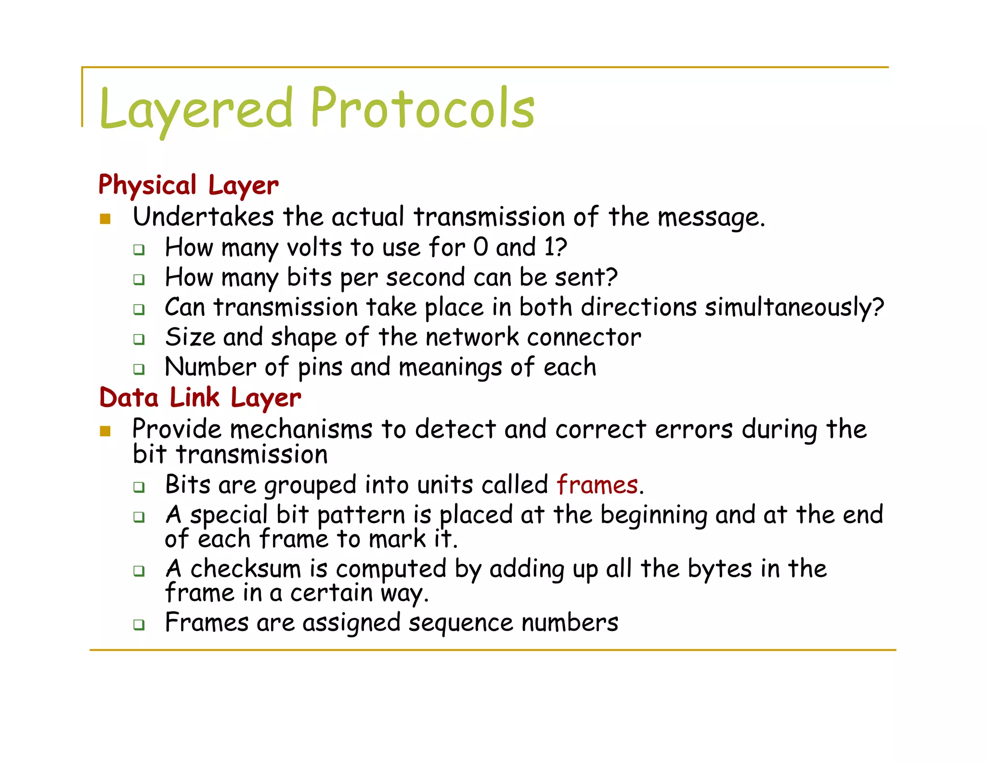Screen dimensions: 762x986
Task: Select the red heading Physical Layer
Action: [x=188, y=185]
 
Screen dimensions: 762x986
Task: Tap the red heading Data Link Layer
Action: [x=200, y=398]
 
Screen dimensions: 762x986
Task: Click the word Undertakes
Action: [x=203, y=217]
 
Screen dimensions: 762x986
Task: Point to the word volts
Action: [x=314, y=248]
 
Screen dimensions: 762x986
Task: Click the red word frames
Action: [x=597, y=485]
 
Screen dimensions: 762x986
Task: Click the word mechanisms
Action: [x=301, y=429]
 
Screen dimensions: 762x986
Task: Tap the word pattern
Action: [x=361, y=515]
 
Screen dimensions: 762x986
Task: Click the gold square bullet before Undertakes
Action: [x=105, y=219]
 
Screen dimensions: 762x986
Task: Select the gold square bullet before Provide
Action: [x=105, y=431]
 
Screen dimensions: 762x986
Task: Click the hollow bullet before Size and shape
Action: [x=139, y=339]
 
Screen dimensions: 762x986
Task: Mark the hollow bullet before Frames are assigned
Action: [x=139, y=625]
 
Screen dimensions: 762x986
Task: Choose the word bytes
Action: [x=719, y=569]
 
